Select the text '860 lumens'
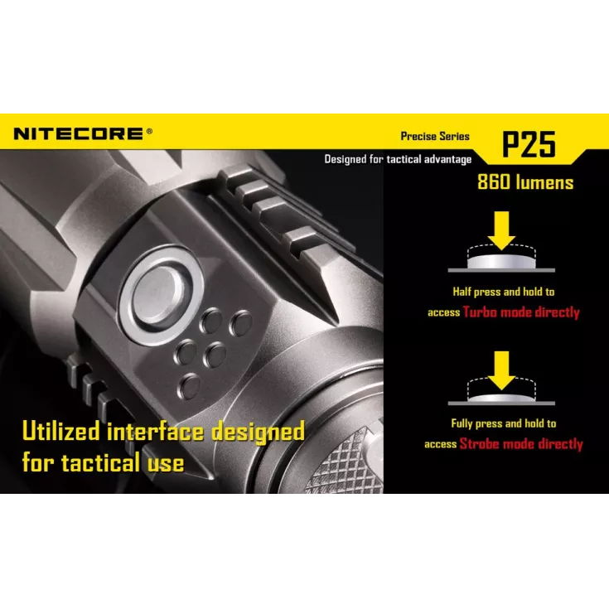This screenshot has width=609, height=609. click(525, 182)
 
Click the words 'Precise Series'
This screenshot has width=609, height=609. click(435, 136)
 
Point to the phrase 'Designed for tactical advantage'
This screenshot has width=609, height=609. click(398, 159)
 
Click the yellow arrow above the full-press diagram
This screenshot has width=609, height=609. click(502, 366)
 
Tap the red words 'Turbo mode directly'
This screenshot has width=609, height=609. click(521, 312)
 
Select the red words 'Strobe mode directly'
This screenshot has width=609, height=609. click(521, 444)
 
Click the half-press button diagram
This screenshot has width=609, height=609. click(502, 260)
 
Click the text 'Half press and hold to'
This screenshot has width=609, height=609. click(503, 292)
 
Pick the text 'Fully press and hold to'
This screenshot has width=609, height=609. click(503, 423)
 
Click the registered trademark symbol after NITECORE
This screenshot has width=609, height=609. click(149, 130)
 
